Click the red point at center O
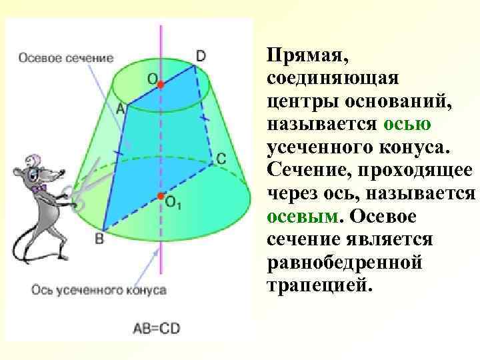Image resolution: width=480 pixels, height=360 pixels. click(160, 85)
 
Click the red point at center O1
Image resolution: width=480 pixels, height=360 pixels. click(160, 195)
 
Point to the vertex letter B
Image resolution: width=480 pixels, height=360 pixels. click(99, 238)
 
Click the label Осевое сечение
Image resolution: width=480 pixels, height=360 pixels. click(66, 58)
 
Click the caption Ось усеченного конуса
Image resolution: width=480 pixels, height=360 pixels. click(98, 290)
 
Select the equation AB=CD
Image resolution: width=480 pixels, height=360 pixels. click(157, 328)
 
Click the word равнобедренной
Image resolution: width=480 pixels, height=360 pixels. click(344, 262)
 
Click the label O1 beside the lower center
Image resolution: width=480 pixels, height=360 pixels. click(173, 204)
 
